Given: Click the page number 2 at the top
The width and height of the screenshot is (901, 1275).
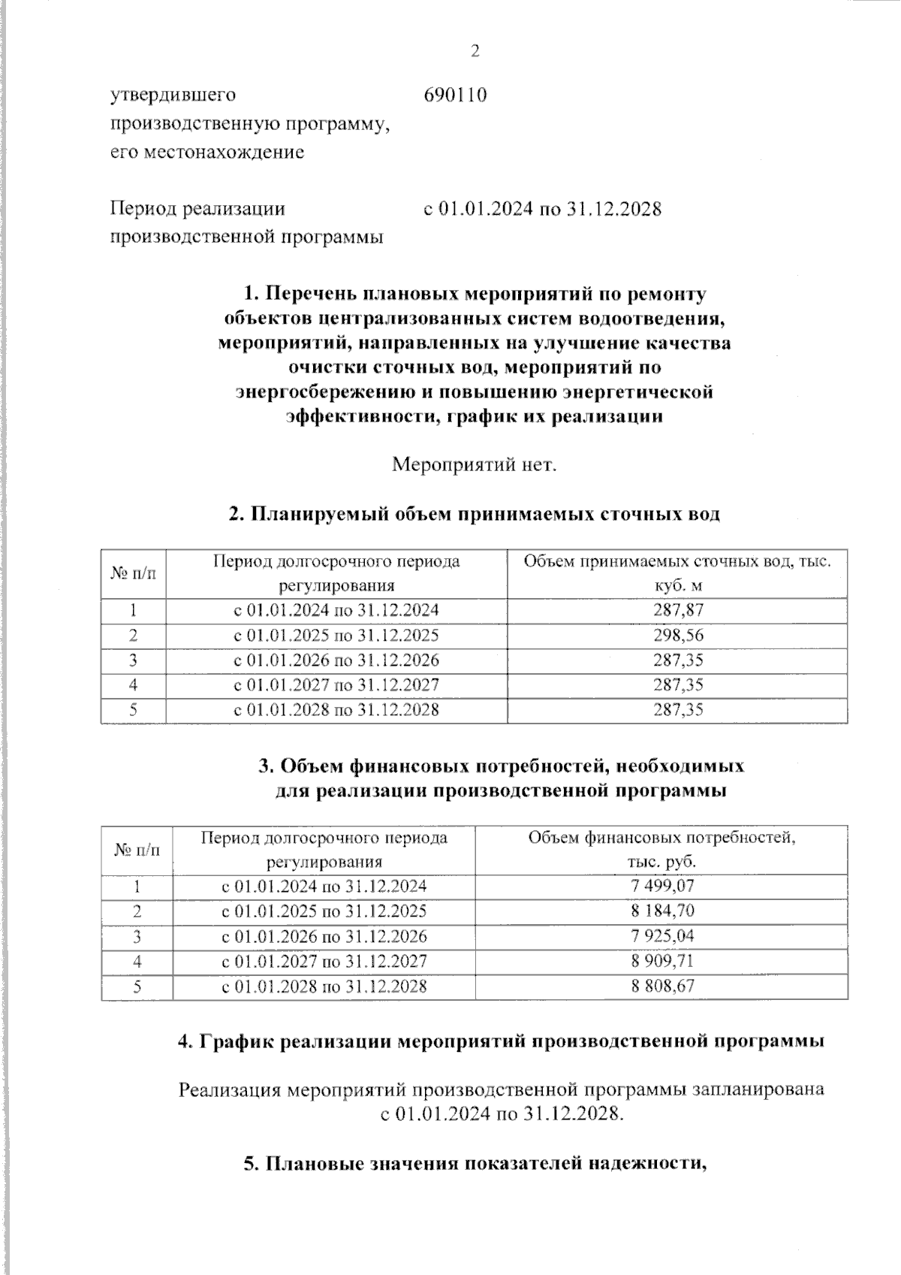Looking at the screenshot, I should click(474, 52).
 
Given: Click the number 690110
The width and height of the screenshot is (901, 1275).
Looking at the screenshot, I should click(455, 95).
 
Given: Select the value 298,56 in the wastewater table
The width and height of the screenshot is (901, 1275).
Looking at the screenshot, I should click(678, 635).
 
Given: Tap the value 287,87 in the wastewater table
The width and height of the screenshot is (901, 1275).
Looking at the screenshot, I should click(678, 610).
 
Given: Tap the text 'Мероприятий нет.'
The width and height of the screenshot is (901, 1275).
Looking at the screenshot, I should click(475, 464).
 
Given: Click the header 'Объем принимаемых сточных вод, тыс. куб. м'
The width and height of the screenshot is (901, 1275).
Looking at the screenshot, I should click(677, 573).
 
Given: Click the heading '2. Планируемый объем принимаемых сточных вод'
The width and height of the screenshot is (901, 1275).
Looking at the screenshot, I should click(474, 515).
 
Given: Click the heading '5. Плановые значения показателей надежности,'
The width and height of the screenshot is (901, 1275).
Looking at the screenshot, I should click(477, 1164).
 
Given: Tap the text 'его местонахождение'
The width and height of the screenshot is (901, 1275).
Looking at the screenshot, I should click(207, 153).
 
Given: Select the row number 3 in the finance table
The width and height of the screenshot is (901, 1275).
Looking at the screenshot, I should click(137, 936).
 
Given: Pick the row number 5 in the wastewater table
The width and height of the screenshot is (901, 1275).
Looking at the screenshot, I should click(133, 709).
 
